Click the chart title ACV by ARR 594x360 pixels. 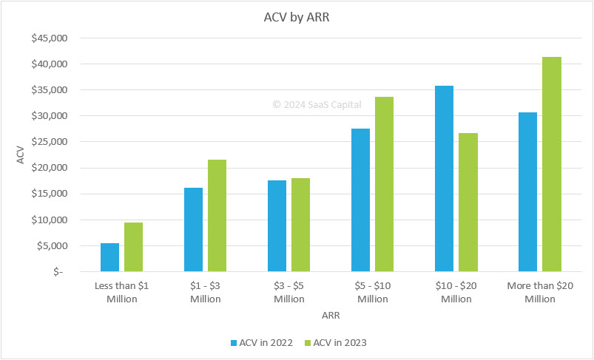(x=296, y=18)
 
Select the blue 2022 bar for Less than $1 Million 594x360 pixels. (x=109, y=257)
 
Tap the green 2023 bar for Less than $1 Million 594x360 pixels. (x=133, y=247)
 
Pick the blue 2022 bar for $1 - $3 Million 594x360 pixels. (x=193, y=229)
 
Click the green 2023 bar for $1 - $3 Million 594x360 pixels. (x=217, y=215)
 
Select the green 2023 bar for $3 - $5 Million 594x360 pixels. (x=300, y=225)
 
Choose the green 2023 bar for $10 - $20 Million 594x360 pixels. (x=468, y=202)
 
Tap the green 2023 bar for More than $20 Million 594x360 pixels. (x=551, y=164)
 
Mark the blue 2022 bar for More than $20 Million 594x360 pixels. (x=527, y=191)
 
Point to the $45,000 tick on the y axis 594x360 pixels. (x=49, y=38)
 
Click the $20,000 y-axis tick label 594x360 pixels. (x=49, y=168)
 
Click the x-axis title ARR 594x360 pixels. (x=331, y=315)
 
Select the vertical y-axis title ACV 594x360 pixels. (x=20, y=154)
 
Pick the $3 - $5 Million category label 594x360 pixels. (x=288, y=292)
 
